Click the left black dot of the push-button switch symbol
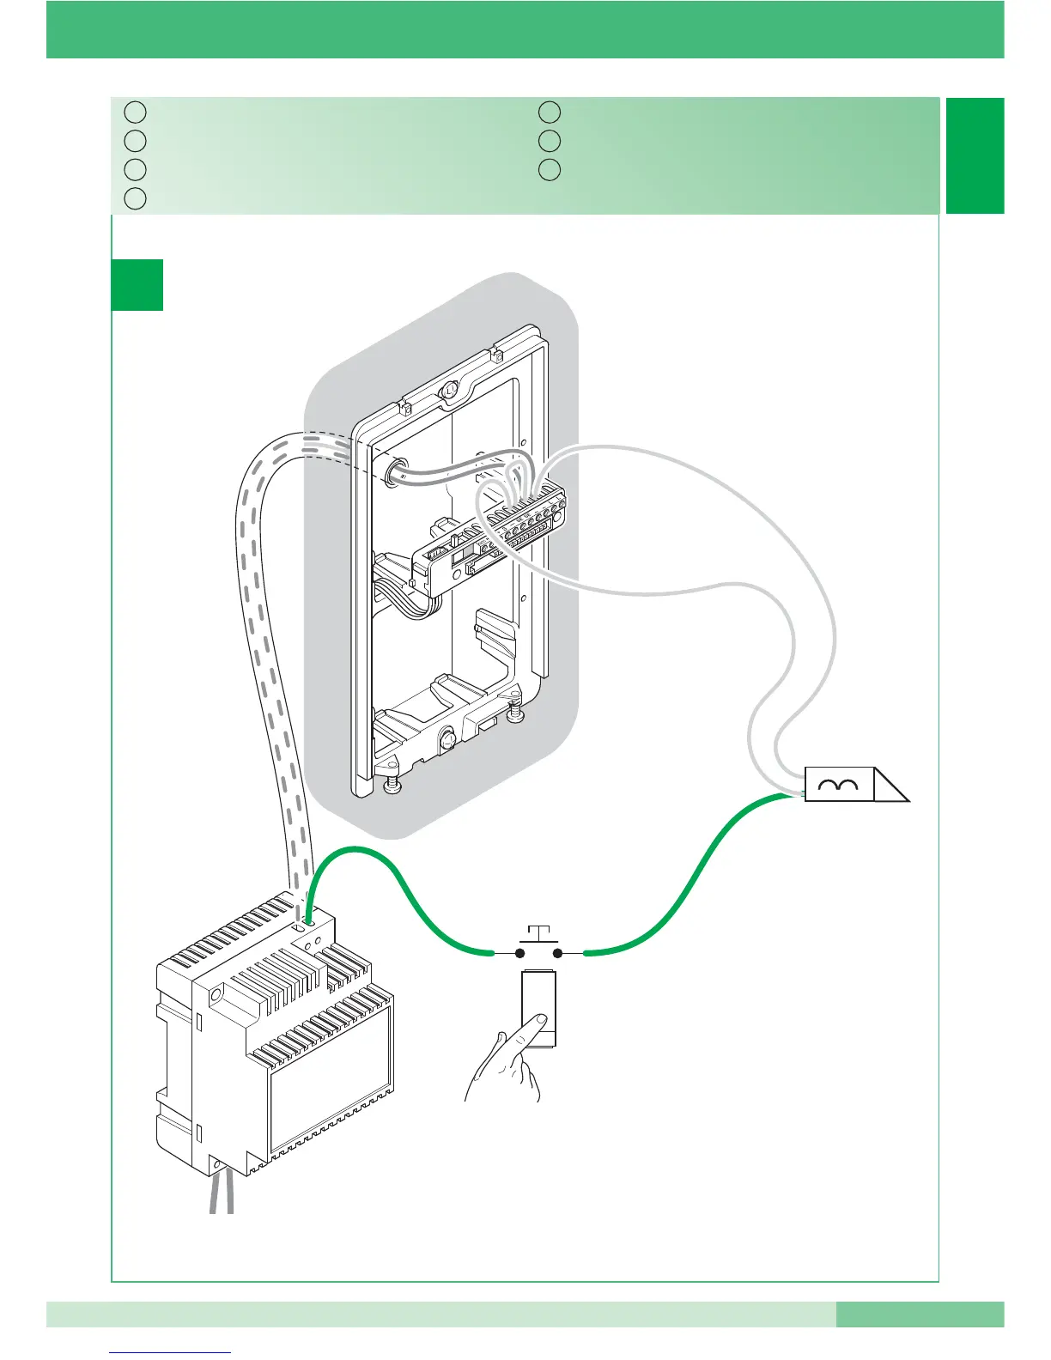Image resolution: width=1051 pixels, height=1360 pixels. pos(520,953)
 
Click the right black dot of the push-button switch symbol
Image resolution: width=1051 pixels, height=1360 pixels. pos(558,953)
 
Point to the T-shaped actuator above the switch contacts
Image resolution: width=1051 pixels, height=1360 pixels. pos(539,932)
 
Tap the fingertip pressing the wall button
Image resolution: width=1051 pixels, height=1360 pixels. pos(537,1019)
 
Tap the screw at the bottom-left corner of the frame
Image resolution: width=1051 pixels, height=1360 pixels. pos(391,783)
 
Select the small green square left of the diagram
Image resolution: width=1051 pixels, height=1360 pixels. pos(137,284)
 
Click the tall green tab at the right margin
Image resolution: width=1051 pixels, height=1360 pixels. pos(975,155)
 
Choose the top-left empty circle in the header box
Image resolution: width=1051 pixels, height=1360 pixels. pos(134,112)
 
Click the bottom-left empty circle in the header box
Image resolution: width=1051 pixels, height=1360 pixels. pos(134,199)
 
